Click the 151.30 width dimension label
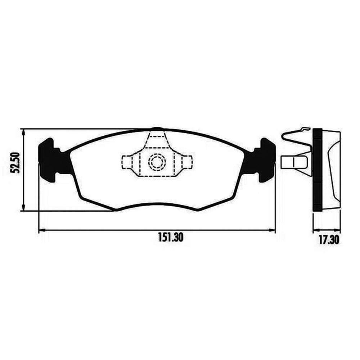171,237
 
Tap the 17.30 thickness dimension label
329,240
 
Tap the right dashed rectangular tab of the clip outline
186,162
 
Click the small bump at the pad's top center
157,129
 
